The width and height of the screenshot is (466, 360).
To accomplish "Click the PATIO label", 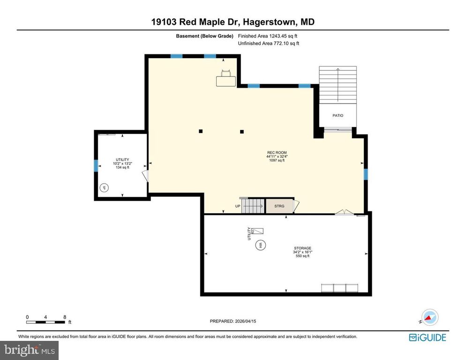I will (338, 115).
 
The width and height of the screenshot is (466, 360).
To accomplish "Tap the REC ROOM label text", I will (276, 152).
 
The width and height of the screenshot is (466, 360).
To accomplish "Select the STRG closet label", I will (279, 206).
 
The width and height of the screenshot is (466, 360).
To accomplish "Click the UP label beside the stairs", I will (238, 206).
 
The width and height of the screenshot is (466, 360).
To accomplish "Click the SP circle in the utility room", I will (104, 187).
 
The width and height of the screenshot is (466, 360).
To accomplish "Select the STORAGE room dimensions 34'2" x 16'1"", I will (302, 252).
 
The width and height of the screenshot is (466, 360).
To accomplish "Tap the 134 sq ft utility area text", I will (122, 167).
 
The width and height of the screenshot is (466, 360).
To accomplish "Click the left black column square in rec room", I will (200, 131).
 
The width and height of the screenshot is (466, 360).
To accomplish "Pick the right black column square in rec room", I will (241, 131).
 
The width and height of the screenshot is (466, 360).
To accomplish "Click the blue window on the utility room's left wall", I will (96, 165).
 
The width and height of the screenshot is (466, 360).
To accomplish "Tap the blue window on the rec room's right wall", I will (366, 174).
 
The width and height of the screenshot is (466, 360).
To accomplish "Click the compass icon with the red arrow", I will (428, 317).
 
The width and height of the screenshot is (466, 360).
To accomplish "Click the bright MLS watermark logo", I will (29, 350).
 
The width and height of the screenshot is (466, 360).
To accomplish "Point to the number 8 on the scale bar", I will (64, 317).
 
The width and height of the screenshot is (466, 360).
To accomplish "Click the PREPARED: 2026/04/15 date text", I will (233, 321).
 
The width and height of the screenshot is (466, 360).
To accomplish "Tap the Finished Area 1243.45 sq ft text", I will (268, 36).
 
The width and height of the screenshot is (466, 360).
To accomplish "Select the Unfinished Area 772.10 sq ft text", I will (268, 43).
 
